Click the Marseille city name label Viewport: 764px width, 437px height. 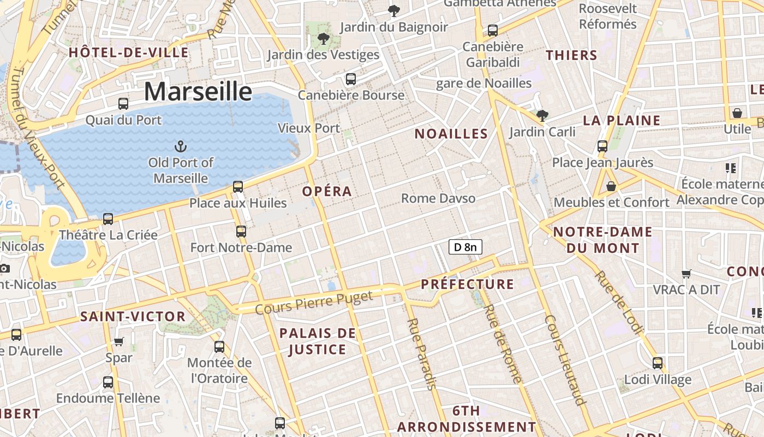point(198,91)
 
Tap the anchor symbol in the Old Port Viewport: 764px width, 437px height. point(180,146)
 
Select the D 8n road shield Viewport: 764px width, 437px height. point(465,247)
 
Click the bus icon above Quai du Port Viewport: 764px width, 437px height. point(123,103)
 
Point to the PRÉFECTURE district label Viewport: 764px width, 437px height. point(467,284)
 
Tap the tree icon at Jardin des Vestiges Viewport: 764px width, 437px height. point(323,39)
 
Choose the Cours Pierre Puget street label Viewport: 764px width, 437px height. point(314,302)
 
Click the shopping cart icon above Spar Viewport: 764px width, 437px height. point(119,341)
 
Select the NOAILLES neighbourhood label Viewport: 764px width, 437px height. point(451,134)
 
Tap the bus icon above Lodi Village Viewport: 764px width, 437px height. point(658,363)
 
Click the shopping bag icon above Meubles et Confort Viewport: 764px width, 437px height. point(611,186)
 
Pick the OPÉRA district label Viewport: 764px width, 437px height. point(327,192)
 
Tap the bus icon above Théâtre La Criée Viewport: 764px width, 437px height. point(108,219)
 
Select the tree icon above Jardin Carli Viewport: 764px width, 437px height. point(542,115)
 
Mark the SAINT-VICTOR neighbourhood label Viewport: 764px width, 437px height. point(133,317)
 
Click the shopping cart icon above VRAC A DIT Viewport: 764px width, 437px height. point(687,274)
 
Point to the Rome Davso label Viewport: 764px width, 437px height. point(438,198)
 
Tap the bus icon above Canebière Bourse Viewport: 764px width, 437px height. point(351,79)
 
